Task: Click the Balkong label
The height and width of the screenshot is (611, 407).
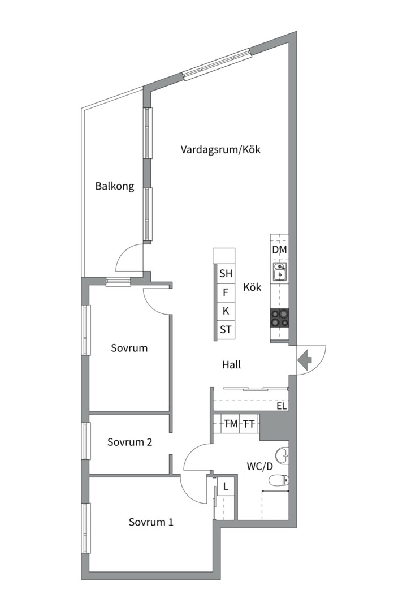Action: click(115, 186)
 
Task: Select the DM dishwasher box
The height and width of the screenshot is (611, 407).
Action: click(279, 250)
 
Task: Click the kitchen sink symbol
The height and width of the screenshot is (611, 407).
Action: click(279, 272)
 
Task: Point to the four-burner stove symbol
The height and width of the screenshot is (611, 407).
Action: click(279, 318)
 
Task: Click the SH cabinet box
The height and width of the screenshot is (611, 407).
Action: click(226, 274)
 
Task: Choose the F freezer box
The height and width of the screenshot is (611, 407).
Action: click(226, 292)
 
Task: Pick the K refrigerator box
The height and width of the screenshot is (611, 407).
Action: click(226, 311)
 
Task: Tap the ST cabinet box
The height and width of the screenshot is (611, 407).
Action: click(226, 329)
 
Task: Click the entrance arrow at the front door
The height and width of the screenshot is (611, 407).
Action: click(306, 360)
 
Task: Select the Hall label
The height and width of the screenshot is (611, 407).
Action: click(231, 365)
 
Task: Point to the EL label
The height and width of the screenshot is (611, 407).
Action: click(282, 406)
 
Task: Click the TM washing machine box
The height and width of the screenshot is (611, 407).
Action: click(231, 423)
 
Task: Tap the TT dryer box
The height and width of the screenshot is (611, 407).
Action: click(249, 423)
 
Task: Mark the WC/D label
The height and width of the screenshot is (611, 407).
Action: click(260, 467)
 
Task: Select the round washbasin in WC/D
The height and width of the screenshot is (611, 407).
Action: click(282, 454)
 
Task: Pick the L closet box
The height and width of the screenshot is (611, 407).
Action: click(226, 486)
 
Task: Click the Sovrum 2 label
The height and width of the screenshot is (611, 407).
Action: click(130, 442)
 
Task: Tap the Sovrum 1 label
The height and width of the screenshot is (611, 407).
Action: click(151, 522)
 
